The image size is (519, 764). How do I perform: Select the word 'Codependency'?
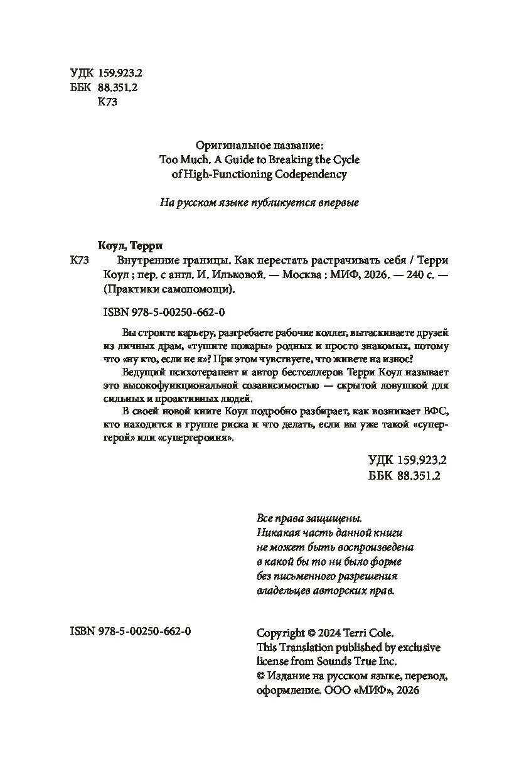[311, 175]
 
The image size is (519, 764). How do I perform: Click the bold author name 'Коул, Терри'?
[127, 246]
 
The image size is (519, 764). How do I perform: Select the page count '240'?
[404, 275]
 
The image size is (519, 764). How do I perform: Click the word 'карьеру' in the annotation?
[184, 332]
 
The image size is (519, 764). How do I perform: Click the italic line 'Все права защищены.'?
[309, 519]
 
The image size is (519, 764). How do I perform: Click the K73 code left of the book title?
[83, 261]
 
